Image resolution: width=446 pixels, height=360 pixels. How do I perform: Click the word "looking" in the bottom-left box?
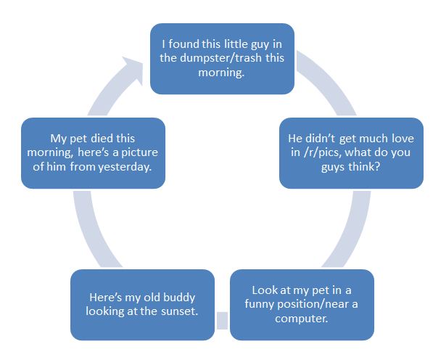pos(105,311)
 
